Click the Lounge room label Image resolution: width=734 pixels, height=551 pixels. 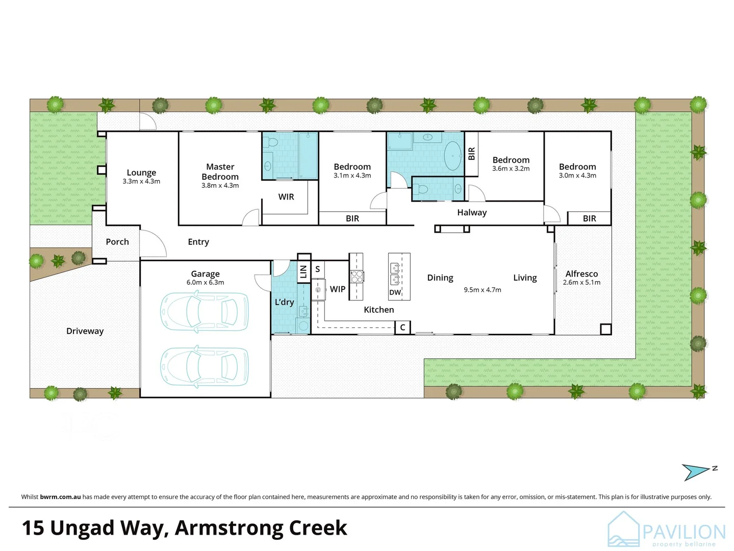pos(141,173)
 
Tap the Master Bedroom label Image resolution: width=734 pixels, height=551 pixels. pos(220,172)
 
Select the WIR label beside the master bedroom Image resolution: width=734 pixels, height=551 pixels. pos(286,197)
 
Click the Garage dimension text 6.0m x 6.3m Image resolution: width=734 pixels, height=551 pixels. pos(205,283)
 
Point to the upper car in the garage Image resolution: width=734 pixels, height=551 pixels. pos(205,312)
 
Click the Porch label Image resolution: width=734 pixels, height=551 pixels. pos(117,242)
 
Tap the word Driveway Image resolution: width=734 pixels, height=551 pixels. pos(85,331)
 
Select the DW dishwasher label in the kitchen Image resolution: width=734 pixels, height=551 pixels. pos(395,293)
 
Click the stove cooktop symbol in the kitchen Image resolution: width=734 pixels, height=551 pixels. pos(357,277)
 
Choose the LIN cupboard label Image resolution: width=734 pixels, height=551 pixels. pos(303,271)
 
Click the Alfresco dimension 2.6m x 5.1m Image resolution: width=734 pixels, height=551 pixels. pos(581,283)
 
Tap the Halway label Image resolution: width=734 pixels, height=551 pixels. pos(472,213)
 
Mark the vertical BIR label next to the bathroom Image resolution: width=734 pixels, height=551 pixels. pos(471,153)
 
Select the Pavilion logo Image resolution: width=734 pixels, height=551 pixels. pos(666,531)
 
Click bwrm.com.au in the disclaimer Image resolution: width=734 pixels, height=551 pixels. pos(60,497)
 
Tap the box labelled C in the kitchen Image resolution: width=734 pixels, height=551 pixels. pos(402,328)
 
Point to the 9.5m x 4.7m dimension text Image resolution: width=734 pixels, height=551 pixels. pos(482,290)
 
